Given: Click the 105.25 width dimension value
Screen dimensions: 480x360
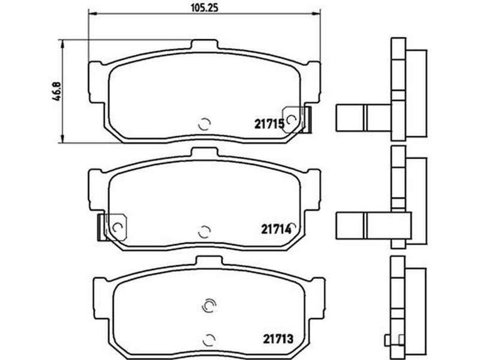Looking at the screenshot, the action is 205,7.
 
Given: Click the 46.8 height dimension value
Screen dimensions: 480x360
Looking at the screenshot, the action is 56,91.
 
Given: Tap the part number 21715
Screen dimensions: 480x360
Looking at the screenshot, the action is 269,124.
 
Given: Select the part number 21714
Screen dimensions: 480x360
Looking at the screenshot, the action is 276,229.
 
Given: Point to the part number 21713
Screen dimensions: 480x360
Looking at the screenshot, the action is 278,338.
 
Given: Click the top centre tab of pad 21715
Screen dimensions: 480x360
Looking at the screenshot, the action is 205,45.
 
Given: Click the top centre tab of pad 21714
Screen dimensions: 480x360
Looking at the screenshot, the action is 205,153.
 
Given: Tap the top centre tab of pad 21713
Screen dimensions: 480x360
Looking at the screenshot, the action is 209,261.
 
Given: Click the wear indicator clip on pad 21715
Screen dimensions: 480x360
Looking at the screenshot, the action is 296,119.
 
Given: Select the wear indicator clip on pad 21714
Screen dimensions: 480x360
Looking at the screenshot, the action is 112,227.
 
